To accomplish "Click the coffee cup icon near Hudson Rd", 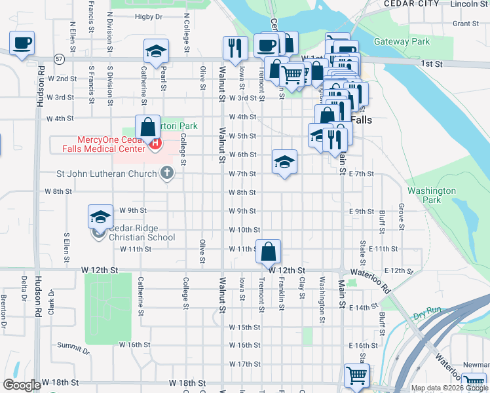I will click(22, 44).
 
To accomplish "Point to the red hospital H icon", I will click(155, 143).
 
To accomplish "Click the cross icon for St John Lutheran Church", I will click(167, 174).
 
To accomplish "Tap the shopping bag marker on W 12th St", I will click(269, 251).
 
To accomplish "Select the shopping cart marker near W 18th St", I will click(356, 376).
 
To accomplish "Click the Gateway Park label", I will click(402, 42).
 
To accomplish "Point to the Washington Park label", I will click(431, 195).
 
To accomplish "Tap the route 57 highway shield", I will click(59, 59).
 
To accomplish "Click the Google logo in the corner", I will click(22, 385).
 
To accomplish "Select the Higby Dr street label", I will click(147, 17).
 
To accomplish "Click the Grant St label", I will click(465, 24).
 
